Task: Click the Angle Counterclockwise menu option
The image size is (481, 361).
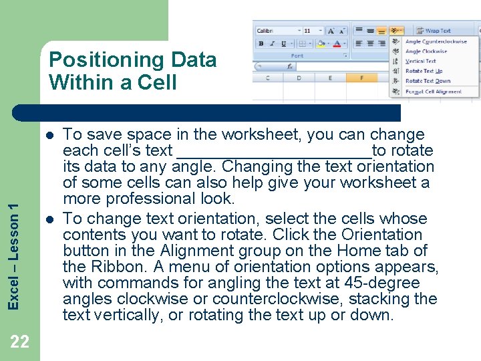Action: coord(436,41)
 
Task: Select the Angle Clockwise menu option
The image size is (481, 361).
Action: coord(426,51)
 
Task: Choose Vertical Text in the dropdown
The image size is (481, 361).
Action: coord(420,61)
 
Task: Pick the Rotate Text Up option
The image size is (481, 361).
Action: coord(424,71)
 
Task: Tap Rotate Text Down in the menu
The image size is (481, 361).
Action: coord(428,81)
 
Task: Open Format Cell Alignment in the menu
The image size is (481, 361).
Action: coord(433,92)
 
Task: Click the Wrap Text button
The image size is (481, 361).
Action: coord(437,31)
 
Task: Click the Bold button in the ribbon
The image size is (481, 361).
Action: coord(261,43)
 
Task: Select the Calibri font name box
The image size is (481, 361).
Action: coord(275,31)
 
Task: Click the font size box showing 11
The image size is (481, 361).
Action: coord(310,31)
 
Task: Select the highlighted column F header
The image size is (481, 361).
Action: coord(361,78)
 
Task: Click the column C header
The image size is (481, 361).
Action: coord(269,78)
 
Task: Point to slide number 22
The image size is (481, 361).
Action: coord(20,342)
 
